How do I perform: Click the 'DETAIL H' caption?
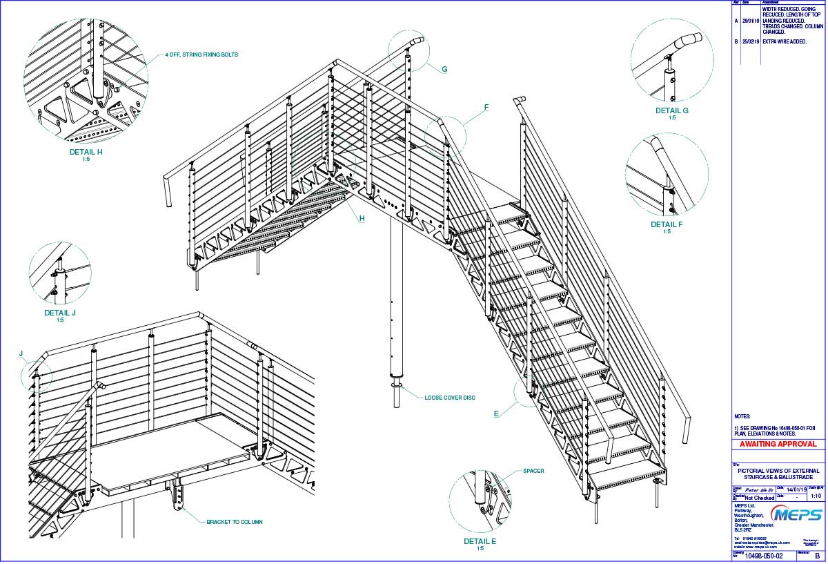(86, 153)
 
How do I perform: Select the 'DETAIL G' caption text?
(672, 110)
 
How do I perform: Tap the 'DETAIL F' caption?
(667, 224)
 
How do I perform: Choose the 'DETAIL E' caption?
(480, 541)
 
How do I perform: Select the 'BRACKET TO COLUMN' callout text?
(235, 522)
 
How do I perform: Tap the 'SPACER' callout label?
(533, 471)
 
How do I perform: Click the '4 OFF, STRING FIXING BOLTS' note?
(201, 55)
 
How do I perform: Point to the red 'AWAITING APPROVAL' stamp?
(778, 444)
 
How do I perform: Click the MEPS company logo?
(798, 515)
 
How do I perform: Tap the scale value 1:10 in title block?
(816, 496)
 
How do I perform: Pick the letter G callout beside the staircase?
(444, 69)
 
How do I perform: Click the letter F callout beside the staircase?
(486, 108)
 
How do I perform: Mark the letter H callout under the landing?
(361, 219)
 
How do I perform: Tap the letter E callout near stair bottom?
(496, 414)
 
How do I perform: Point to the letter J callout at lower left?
(21, 354)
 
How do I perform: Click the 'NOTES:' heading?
(742, 417)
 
